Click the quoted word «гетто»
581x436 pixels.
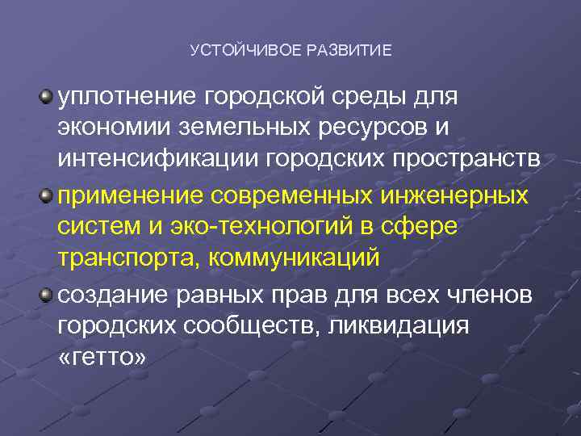(102, 358)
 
